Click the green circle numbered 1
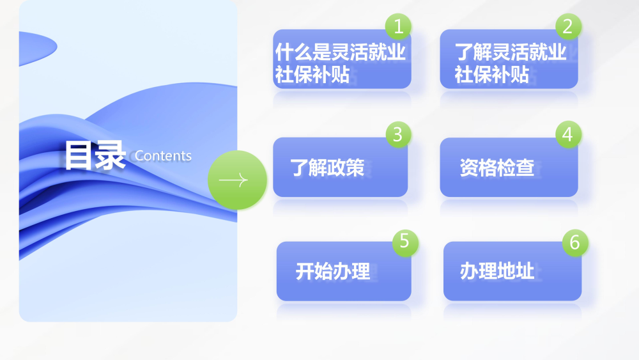click(398, 26)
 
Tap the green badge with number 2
click(568, 26)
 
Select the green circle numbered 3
click(398, 134)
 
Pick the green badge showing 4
click(568, 134)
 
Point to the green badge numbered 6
click(575, 243)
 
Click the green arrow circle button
click(237, 180)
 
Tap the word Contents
click(163, 156)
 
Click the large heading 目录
click(95, 155)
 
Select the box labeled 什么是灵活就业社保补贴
click(342, 59)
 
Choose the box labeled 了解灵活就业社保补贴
click(509, 59)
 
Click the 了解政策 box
click(341, 167)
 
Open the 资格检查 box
click(509, 167)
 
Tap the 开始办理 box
click(344, 272)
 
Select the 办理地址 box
click(512, 272)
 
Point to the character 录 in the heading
click(110, 155)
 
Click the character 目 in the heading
click(79, 155)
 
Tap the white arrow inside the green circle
click(233, 180)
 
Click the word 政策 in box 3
click(346, 168)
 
